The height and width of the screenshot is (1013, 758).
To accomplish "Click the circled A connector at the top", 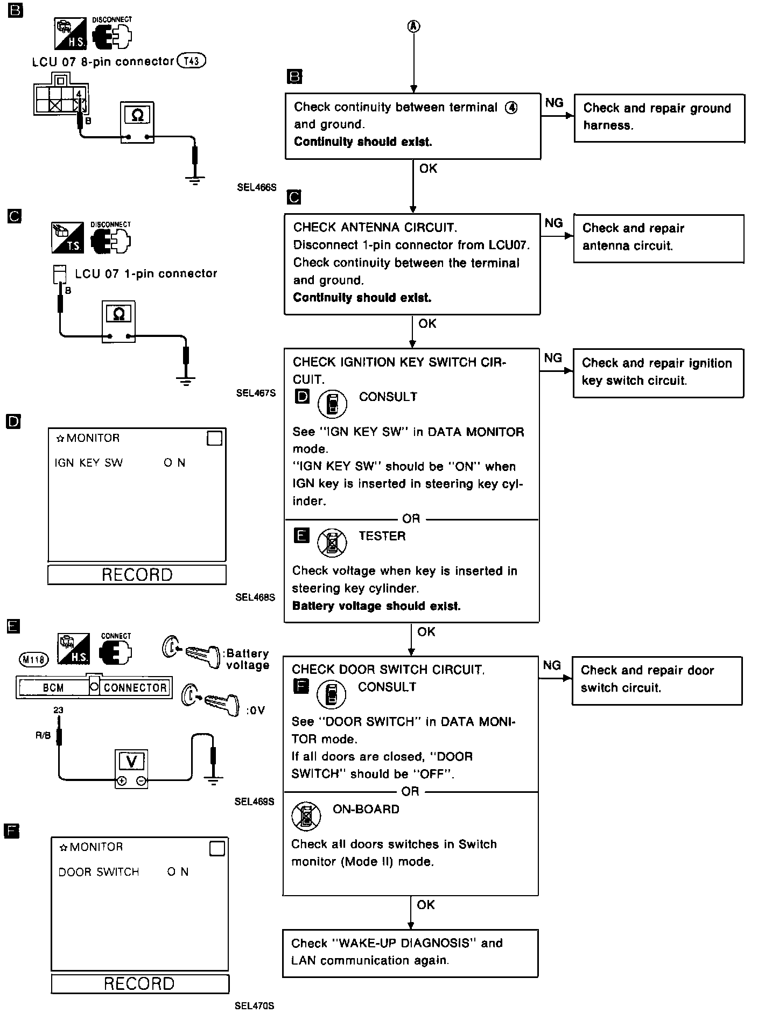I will pyautogui.click(x=413, y=26).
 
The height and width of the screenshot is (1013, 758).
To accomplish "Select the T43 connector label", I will pyautogui.click(x=192, y=61).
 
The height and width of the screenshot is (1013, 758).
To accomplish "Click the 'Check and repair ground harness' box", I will pyautogui.click(x=659, y=118).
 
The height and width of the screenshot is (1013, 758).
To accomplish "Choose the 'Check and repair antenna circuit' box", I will pyautogui.click(x=658, y=238).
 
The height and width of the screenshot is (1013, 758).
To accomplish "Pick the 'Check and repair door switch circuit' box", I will pyautogui.click(x=656, y=680).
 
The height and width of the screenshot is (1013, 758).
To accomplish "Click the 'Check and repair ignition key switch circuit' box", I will pyautogui.click(x=658, y=373).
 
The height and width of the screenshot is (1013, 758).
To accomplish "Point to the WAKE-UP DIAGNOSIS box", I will pyautogui.click(x=410, y=953).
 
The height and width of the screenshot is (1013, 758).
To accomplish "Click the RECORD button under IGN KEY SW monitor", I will pyautogui.click(x=137, y=574).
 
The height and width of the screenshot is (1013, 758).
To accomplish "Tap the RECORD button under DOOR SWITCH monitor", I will pyautogui.click(x=139, y=983).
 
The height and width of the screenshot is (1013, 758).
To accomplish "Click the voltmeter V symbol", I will pyautogui.click(x=131, y=762).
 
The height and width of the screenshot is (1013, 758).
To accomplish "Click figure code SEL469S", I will pyautogui.click(x=254, y=801).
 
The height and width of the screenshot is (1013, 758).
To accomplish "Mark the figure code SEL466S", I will pyautogui.click(x=256, y=188).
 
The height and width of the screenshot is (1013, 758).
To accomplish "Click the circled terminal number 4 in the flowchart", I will pyautogui.click(x=511, y=108).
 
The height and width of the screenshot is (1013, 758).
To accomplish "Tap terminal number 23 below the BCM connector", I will pyautogui.click(x=58, y=710).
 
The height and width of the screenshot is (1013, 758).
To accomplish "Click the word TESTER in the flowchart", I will pyautogui.click(x=382, y=536).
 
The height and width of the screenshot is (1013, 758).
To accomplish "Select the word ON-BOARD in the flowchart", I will pyautogui.click(x=366, y=809).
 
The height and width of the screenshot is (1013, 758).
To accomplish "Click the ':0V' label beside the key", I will pyautogui.click(x=255, y=710).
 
